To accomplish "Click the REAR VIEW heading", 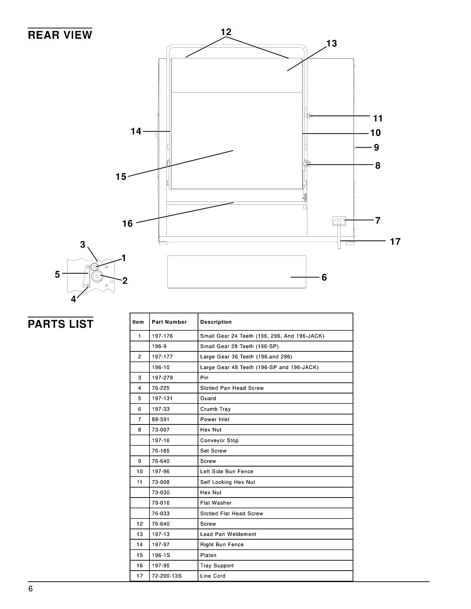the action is tap(60, 35).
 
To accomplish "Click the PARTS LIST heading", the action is tap(60, 324).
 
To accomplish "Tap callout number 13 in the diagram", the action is tap(331, 44).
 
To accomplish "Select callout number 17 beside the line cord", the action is tap(395, 242).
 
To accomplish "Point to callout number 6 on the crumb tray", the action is tap(324, 278).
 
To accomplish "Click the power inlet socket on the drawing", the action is tap(339, 221).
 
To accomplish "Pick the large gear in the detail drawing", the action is tap(97, 276).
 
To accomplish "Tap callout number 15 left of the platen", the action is tap(121, 176).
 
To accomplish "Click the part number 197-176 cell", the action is tap(162, 336).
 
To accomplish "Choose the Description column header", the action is tap(216, 322).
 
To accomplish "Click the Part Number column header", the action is tap(169, 322).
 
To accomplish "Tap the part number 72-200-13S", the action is tap(167, 576).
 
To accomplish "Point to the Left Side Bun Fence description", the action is tap(227, 471).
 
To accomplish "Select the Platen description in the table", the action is tap(208, 555).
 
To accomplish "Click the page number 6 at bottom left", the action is tap(31, 589).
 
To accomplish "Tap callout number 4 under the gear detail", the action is tap(73, 299).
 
